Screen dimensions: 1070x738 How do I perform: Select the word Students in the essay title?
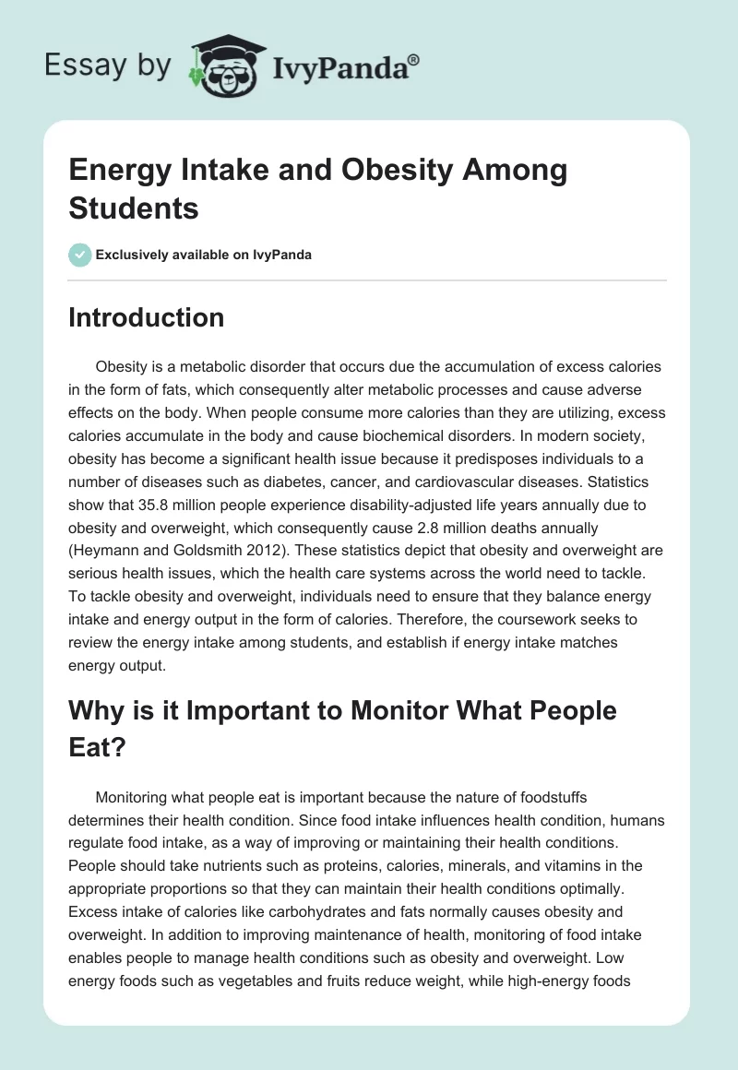pyautogui.click(x=134, y=208)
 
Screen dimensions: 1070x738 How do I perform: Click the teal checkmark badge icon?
pyautogui.click(x=80, y=255)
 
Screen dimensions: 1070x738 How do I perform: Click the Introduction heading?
pyautogui.click(x=147, y=317)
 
